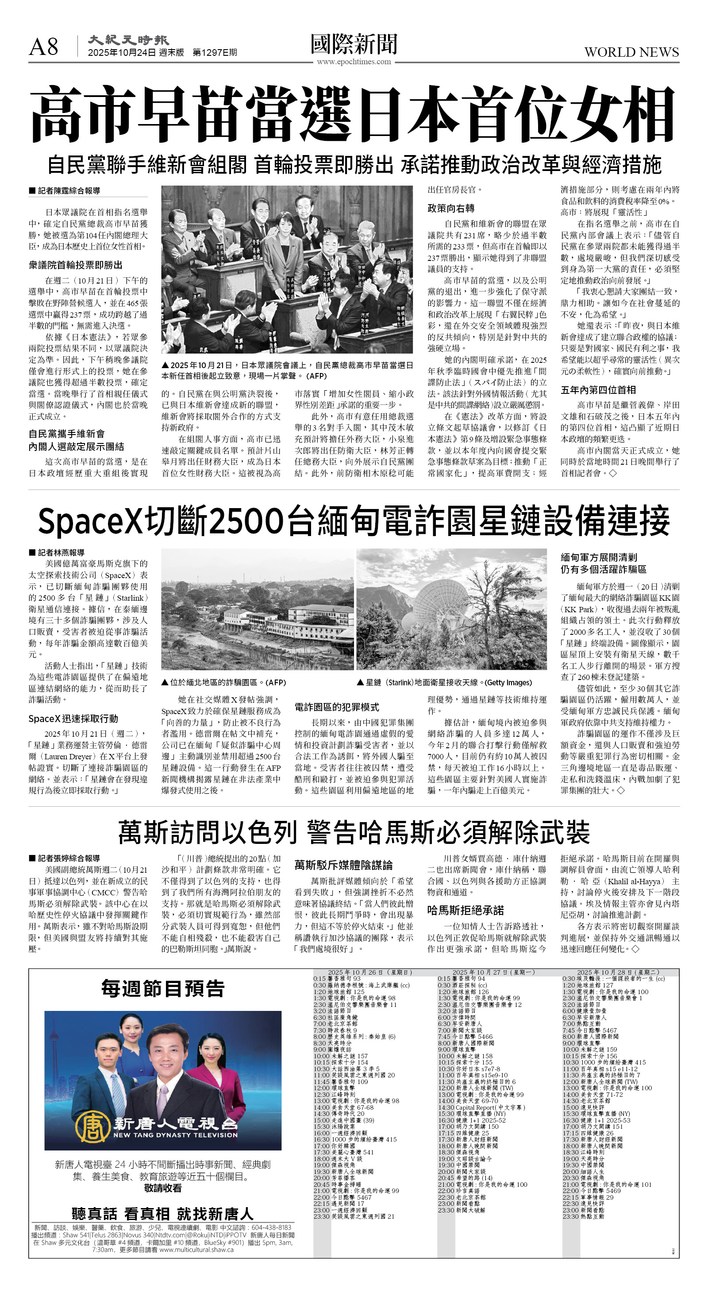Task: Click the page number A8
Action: [43, 47]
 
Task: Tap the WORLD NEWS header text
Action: [631, 52]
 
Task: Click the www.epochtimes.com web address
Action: [353, 62]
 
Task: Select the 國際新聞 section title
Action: [354, 44]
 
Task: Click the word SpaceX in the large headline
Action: [90, 521]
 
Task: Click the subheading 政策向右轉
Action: [451, 208]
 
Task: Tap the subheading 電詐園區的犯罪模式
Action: [337, 707]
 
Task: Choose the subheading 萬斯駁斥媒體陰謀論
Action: [343, 865]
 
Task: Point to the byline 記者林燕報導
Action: [61, 552]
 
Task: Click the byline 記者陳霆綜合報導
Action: [69, 191]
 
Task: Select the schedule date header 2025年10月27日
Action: [485, 972]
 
